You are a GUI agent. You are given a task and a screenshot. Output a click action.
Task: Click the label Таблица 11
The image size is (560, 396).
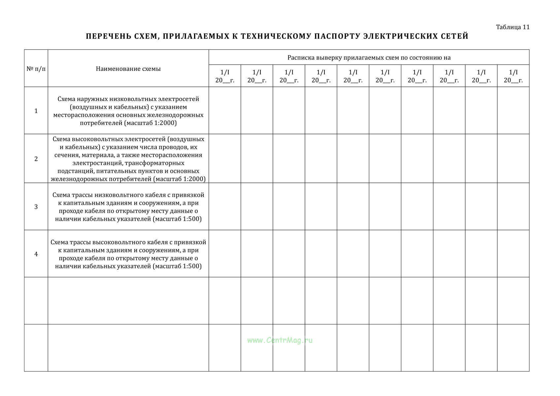[512, 27]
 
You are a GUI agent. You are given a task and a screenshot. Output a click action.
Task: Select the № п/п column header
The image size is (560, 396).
[36, 69]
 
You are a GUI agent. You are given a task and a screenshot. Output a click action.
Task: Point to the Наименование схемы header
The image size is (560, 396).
[128, 69]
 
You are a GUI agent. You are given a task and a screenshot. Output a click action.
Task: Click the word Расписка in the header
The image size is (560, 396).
[301, 58]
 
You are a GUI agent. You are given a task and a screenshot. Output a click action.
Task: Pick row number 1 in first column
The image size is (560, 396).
[36, 111]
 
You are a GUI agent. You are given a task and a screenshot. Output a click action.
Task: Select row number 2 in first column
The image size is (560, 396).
[36, 159]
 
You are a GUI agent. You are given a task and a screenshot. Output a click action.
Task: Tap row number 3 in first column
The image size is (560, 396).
[36, 207]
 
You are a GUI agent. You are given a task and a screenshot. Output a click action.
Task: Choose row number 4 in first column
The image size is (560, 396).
[36, 254]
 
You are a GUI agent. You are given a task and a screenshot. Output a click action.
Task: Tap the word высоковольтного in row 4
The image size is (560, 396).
[119, 242]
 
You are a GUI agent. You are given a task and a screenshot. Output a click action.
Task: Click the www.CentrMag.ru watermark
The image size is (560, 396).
[280, 340]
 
